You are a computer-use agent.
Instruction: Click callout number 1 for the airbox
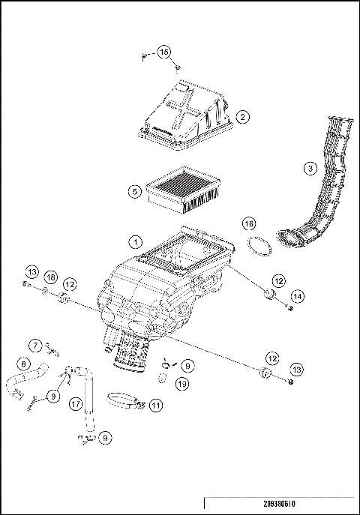[135, 242]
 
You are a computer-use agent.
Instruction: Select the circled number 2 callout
[241, 117]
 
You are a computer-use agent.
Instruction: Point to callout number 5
[134, 191]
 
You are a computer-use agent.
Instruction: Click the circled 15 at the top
[164, 52]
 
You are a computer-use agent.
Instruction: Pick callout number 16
[250, 223]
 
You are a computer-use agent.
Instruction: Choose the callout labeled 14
[298, 297]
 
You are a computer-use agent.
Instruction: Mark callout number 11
[155, 405]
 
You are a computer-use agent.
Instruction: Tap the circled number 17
[76, 403]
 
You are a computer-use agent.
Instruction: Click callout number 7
[36, 345]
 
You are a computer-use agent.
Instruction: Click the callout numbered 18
[50, 277]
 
